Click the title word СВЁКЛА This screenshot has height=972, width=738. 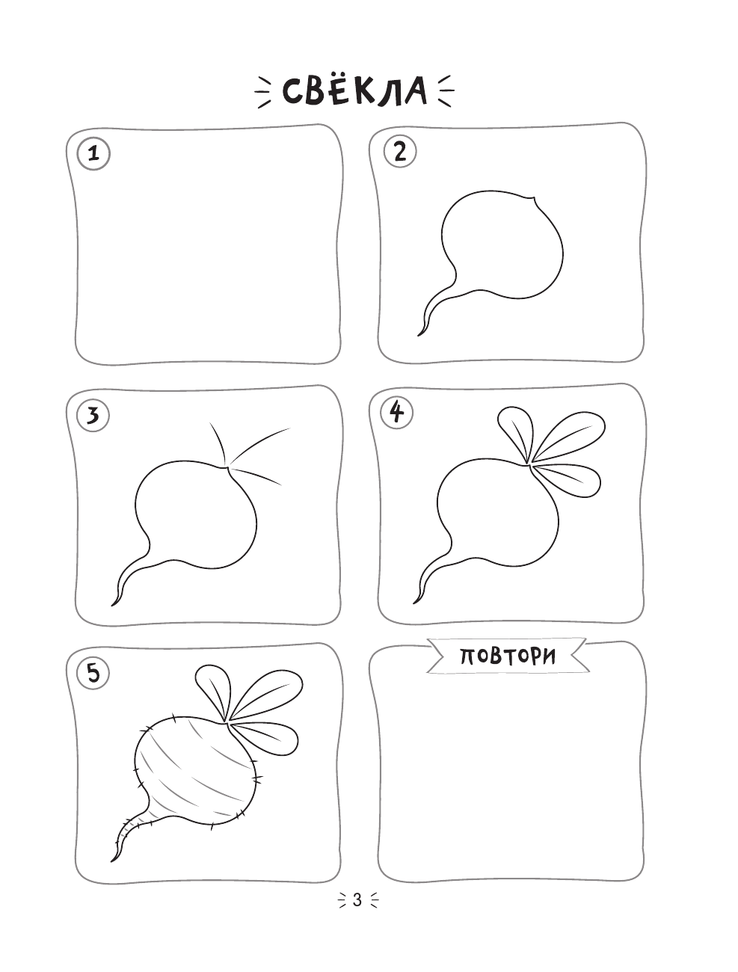click(354, 92)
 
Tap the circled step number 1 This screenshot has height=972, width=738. click(93, 155)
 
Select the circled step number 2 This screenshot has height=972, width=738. click(400, 152)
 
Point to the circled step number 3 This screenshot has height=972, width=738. click(93, 416)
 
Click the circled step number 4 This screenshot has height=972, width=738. click(397, 413)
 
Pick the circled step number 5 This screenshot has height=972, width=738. click(93, 674)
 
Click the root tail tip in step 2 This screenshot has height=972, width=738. click(419, 335)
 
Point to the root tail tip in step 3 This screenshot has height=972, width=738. click(112, 606)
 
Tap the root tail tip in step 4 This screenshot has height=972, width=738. click(414, 603)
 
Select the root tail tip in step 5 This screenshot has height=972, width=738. click(111, 861)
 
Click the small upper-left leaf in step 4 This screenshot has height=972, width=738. click(516, 431)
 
